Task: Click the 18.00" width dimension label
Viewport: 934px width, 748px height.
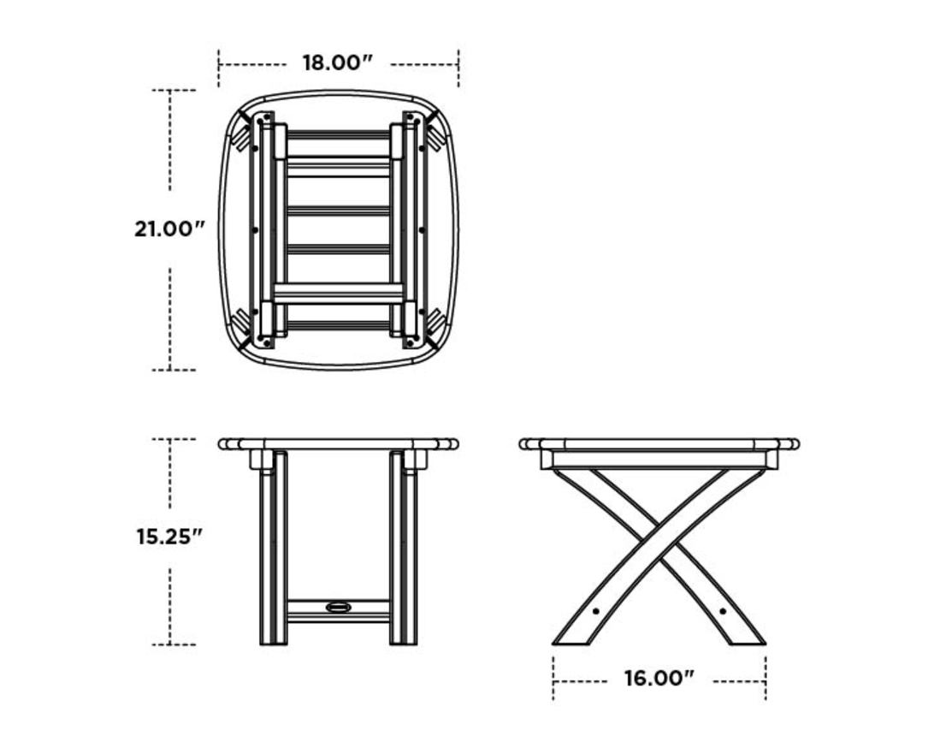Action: point(338,63)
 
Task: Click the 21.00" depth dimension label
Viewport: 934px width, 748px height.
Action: point(170,229)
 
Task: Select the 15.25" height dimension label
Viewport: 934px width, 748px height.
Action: point(170,537)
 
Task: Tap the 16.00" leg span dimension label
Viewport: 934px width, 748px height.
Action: point(659,680)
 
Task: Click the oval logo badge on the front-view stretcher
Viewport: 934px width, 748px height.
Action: point(339,608)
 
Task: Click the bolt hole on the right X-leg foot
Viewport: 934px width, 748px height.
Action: point(723,611)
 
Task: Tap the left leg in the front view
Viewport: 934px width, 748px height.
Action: point(273,548)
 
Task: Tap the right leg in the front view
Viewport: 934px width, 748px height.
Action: point(404,548)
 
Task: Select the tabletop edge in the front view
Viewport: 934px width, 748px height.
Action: point(338,444)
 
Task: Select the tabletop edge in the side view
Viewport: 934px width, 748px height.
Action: point(659,444)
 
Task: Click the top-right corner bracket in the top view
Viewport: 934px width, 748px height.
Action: point(436,130)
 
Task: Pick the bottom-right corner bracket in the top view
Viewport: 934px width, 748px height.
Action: point(436,325)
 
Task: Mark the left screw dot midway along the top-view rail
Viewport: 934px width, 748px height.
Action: point(255,229)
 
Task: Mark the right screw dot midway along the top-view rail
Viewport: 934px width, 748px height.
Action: point(423,229)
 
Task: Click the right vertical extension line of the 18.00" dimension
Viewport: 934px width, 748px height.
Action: point(458,68)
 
